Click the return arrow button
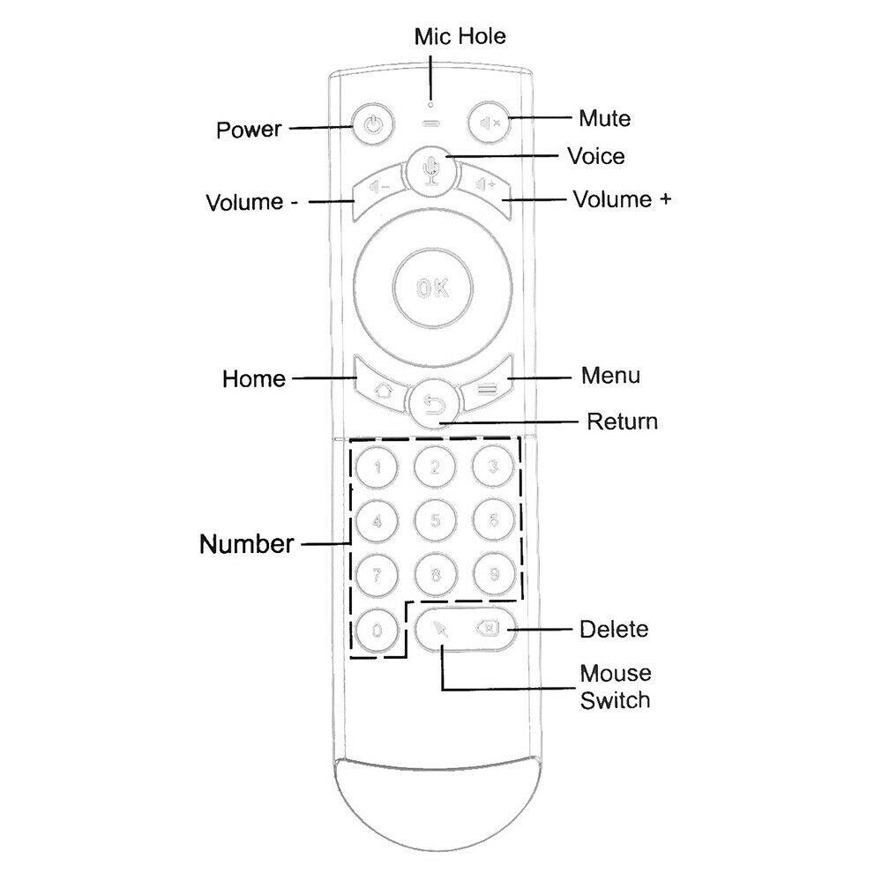433,405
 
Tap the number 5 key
434,520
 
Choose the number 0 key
377,630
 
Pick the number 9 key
493,574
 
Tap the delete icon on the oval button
487,628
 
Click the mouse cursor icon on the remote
442,629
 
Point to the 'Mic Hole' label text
460,36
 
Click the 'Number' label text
247,544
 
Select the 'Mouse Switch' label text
615,687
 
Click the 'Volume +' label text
622,198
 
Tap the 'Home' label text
254,379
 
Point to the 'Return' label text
622,422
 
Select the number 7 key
377,575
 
